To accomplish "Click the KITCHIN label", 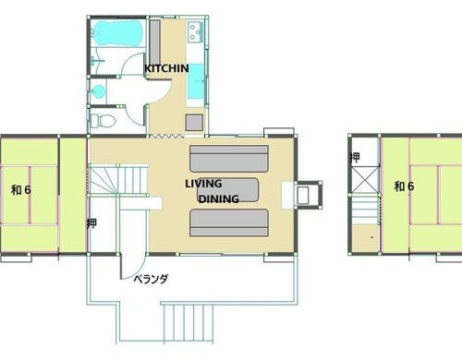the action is (x=166, y=68).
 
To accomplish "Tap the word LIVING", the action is (x=203, y=184).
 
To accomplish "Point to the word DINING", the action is (x=219, y=198).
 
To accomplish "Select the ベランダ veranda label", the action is (x=151, y=279).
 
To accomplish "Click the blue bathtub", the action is (x=118, y=33).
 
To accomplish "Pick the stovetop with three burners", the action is (x=195, y=31).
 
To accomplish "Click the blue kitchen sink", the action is (x=196, y=81).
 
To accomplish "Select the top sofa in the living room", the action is (x=229, y=159).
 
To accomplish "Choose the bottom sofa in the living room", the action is (x=229, y=222).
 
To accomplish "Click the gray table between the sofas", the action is (x=228, y=190).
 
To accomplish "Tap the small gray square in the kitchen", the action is (x=194, y=122).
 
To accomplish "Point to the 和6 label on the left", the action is (x=21, y=190).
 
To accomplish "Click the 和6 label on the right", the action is (x=404, y=186).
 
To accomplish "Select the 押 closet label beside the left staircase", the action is (x=91, y=223).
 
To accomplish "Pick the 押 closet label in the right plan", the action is (x=355, y=157).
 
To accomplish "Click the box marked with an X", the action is (x=365, y=180).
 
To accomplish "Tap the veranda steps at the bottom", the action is (x=188, y=322).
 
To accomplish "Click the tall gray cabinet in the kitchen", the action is (x=154, y=42).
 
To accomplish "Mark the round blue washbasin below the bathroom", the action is (x=99, y=91).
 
